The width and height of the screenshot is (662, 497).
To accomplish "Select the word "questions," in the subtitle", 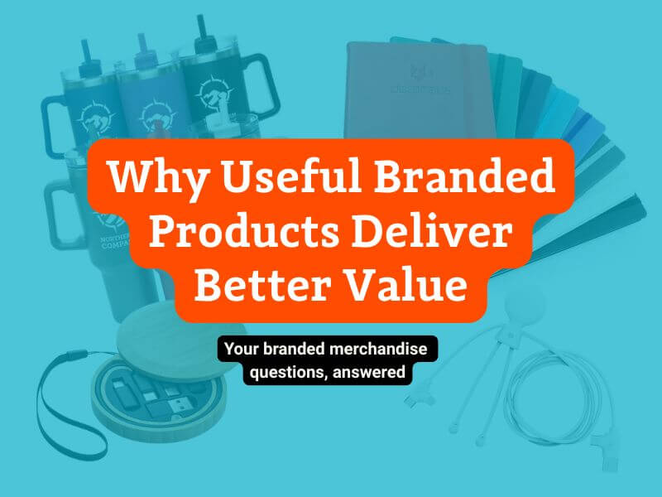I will coord(285,372).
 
